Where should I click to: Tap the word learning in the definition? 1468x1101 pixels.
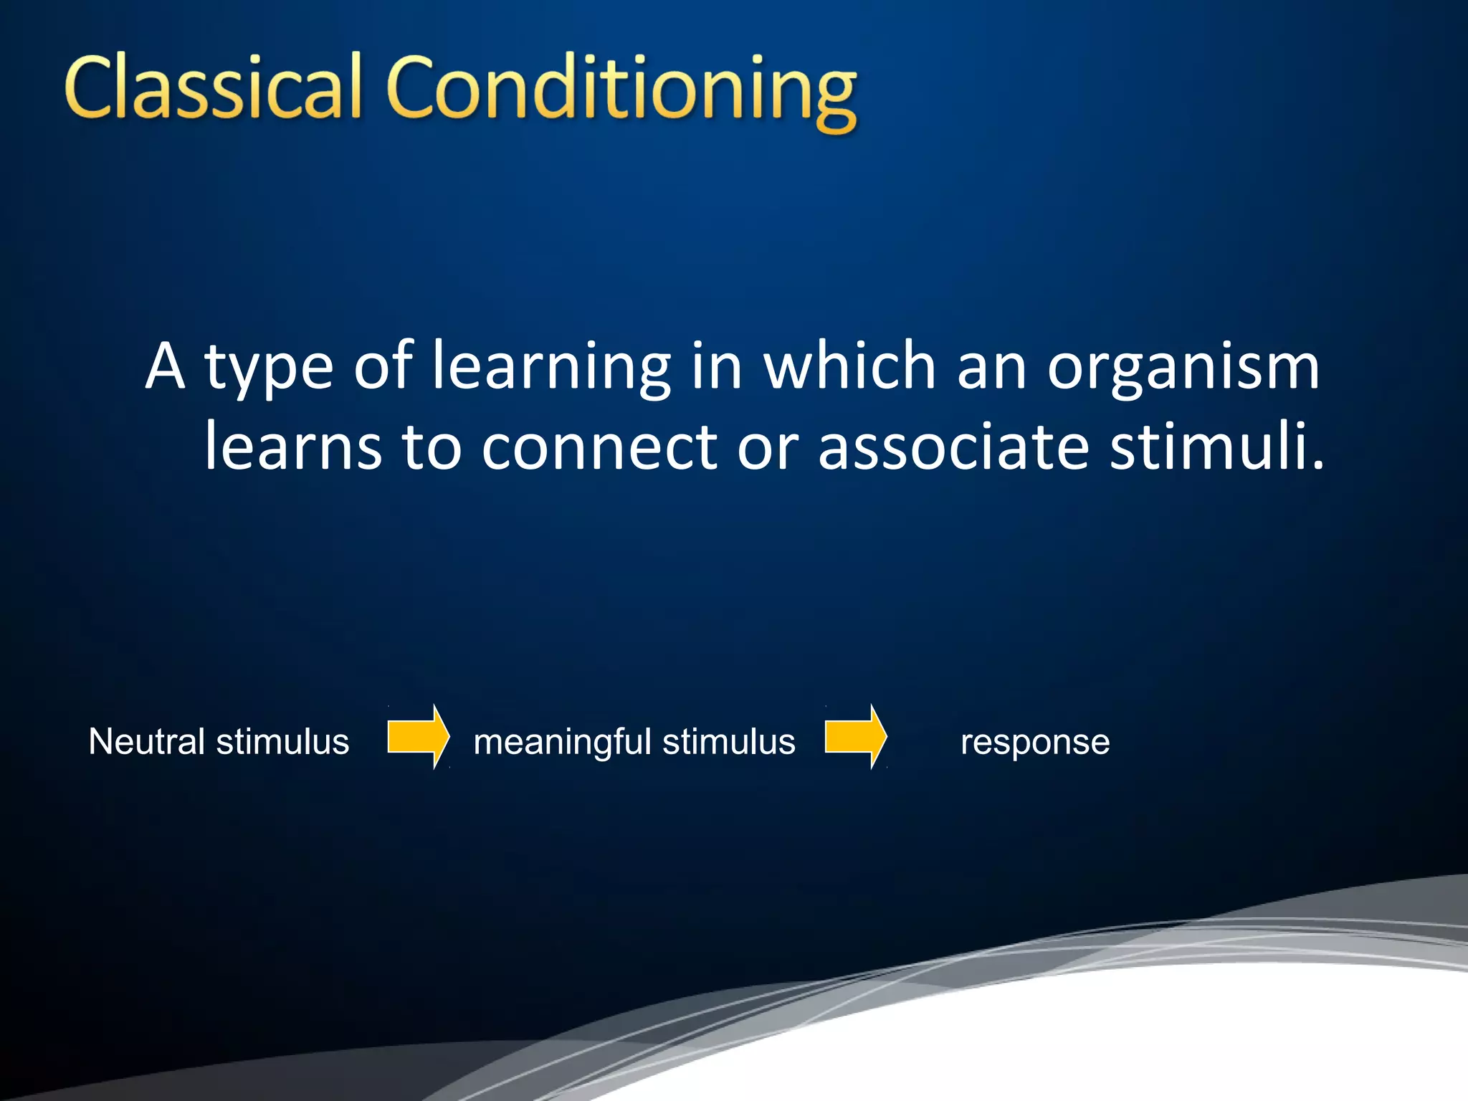click(550, 367)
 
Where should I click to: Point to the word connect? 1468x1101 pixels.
click(599, 447)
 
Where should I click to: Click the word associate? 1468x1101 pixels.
click(954, 447)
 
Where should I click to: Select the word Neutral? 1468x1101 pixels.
click(147, 741)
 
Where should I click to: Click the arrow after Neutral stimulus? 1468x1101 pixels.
click(418, 737)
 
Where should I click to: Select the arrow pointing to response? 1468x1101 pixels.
click(855, 737)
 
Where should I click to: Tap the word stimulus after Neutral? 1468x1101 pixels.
click(282, 741)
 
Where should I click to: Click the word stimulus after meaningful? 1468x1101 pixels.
click(729, 742)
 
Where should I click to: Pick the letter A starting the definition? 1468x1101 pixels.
click(166, 366)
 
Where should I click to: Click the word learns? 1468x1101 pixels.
click(293, 447)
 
